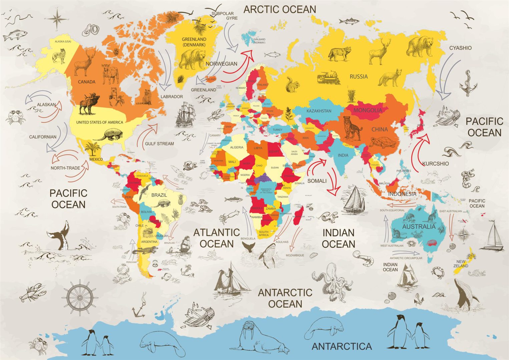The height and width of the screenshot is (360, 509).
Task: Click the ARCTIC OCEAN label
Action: [280, 9]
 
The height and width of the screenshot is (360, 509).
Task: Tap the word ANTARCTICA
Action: [342, 346]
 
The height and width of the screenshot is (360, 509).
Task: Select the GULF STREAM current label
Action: [159, 144]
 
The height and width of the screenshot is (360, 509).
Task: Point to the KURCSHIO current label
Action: [435, 164]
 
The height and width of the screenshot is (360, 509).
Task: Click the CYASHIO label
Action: [460, 48]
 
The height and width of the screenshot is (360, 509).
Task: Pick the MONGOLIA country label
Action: [368, 110]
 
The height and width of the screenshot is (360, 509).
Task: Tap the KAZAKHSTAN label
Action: [319, 111]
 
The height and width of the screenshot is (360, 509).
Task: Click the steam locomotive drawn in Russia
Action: [329, 79]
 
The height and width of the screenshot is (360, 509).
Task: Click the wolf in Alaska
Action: [59, 56]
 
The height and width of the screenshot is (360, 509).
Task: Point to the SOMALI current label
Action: [317, 181]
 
